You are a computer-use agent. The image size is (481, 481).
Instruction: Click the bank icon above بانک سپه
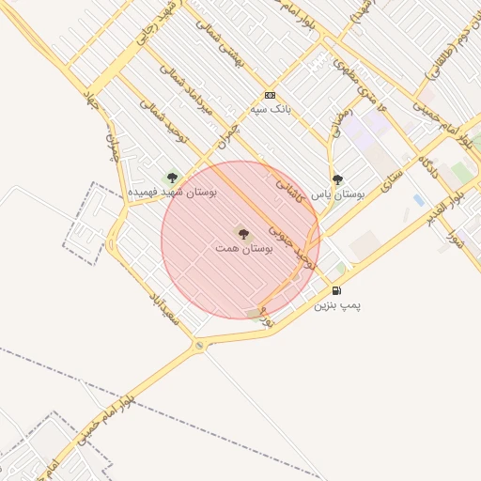(270, 95)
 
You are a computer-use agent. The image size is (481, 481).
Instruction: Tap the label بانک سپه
(270, 109)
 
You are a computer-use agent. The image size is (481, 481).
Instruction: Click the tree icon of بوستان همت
(242, 232)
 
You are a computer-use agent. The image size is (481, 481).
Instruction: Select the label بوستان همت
(242, 248)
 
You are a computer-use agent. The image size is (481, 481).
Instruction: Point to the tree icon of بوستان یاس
(337, 178)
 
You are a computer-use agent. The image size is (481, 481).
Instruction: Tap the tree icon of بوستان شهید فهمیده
(171, 176)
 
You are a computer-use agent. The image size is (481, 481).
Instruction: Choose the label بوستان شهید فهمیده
(173, 191)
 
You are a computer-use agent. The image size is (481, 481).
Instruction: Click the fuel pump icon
(336, 290)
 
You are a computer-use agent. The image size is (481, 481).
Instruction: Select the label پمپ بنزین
(336, 305)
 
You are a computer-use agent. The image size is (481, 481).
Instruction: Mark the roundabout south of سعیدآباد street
(199, 347)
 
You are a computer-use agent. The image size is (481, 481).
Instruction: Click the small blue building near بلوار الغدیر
(418, 199)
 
